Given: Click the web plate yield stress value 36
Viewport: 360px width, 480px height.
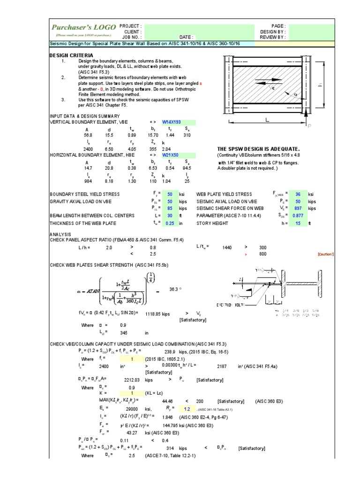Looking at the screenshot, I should point(297,194).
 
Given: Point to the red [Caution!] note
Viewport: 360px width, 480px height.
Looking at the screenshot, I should point(325,254).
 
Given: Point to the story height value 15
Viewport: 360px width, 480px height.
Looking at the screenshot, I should point(298,223).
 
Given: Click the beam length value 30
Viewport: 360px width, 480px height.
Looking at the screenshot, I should point(172,216).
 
